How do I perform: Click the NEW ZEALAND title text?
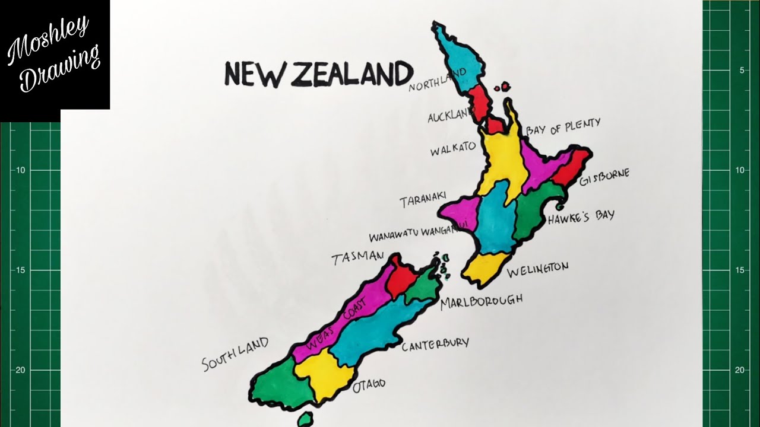(318, 74)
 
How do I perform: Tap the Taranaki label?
(423, 202)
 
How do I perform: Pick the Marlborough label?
(482, 301)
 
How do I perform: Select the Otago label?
(369, 386)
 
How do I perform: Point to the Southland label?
(235, 353)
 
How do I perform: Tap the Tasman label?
(357, 257)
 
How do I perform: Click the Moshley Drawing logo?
(55, 55)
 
